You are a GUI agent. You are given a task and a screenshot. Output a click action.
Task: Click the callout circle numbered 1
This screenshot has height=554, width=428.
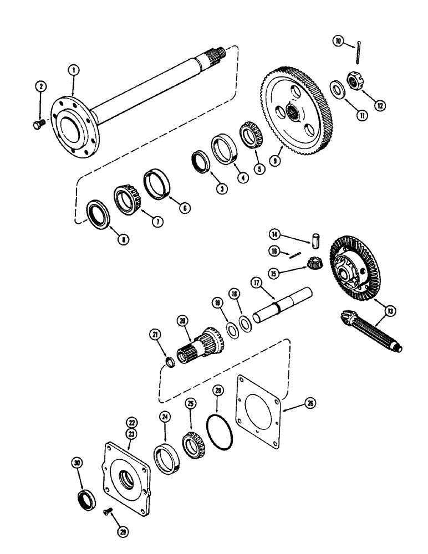pos(73,70)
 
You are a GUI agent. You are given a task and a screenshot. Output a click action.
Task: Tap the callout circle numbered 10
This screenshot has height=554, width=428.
pos(337,40)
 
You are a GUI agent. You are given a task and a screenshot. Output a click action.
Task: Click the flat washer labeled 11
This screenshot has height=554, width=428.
pos(337,89)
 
